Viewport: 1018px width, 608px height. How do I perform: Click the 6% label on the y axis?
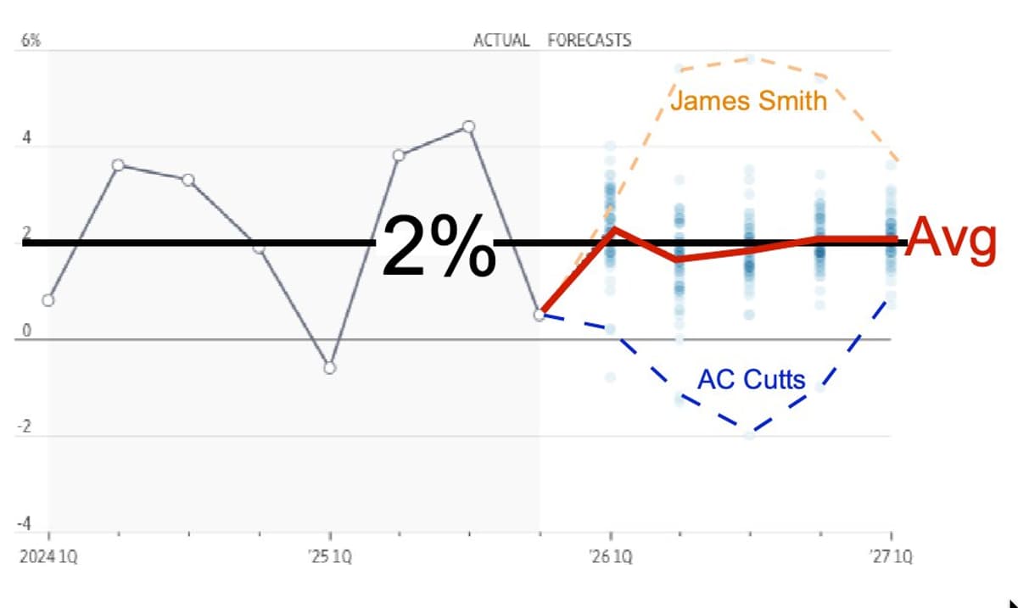coord(30,41)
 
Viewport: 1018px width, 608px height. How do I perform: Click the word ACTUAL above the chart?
coord(501,40)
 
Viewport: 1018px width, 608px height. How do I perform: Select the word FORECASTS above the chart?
coord(590,40)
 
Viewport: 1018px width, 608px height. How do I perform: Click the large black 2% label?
coord(438,245)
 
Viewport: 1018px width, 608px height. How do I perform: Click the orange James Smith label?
coord(748,101)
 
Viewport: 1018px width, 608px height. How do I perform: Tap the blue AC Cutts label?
coord(751,378)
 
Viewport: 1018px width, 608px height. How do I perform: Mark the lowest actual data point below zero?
coord(330,367)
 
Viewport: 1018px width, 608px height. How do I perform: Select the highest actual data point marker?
coord(468,127)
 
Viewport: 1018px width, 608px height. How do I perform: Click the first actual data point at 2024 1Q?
coord(48,300)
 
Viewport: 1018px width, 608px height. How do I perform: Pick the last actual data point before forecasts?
coord(540,315)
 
